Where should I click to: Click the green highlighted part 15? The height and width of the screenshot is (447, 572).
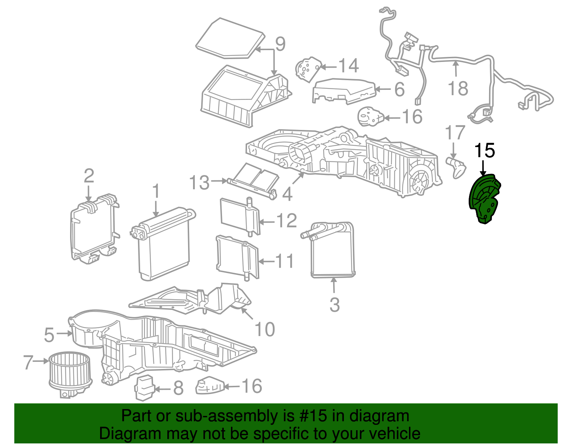[x=484, y=199]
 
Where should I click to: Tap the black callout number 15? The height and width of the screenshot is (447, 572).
[x=484, y=151]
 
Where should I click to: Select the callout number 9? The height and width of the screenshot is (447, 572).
[x=280, y=44]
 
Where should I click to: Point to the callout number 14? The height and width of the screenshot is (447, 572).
[x=348, y=66]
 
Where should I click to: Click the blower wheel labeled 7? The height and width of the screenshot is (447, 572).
[x=70, y=372]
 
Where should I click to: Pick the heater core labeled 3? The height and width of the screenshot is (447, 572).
[x=332, y=251]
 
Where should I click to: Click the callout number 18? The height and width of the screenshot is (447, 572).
[x=458, y=88]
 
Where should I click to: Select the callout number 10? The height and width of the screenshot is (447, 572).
[x=265, y=329]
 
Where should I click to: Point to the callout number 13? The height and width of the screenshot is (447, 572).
[x=199, y=183]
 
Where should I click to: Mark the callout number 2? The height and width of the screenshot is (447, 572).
[x=89, y=176]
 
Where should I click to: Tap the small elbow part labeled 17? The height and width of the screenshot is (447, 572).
[x=457, y=167]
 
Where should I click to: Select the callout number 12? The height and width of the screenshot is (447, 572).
[x=287, y=221]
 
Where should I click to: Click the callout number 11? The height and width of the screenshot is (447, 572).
[x=285, y=261]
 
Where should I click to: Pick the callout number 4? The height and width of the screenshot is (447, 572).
[x=287, y=194]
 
